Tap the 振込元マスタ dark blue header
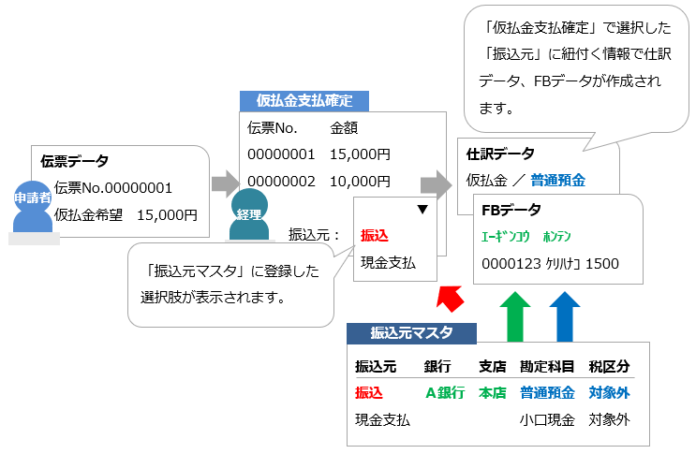pos(411,332)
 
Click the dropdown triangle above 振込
pos(422,212)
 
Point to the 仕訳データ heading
pos(501,153)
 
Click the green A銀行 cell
pos(445,393)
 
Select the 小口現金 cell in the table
pos(547,420)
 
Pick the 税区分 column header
pos(609,366)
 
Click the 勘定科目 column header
pos(547,366)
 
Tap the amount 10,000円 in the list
pos(361,180)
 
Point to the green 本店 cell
pos(492,393)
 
